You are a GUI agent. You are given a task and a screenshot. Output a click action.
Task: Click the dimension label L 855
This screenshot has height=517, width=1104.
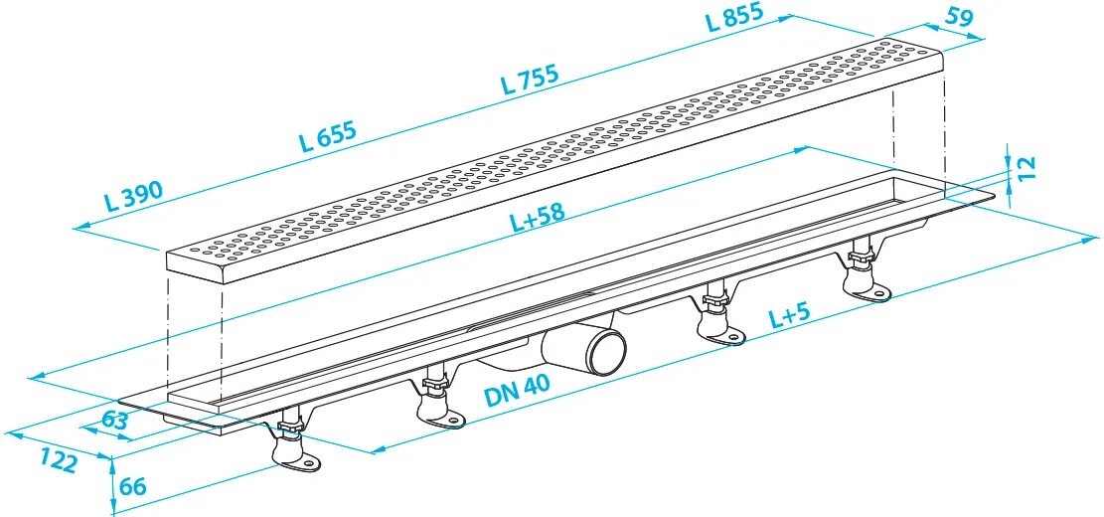pyautogui.click(x=736, y=19)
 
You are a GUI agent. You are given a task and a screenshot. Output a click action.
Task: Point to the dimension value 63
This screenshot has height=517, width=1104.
pyautogui.click(x=115, y=420)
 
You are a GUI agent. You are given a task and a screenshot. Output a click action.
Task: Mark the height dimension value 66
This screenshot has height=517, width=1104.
pyautogui.click(x=131, y=486)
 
